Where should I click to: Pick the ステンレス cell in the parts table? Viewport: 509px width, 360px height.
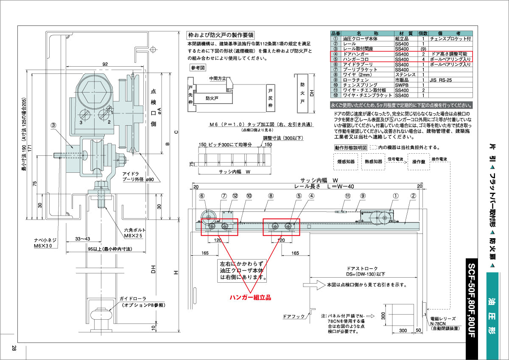[403, 74]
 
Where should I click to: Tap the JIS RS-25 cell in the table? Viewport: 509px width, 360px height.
[441, 80]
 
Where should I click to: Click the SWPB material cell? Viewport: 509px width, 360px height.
[402, 85]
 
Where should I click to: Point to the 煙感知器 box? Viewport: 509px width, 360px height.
[345, 162]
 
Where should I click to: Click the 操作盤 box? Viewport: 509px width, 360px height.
[418, 162]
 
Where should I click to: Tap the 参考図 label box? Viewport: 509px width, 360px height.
[197, 67]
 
